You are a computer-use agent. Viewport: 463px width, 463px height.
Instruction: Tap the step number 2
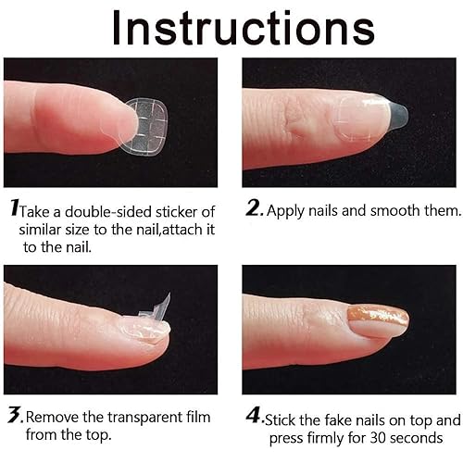pyautogui.click(x=256, y=209)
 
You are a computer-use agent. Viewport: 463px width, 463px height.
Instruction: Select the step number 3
pyautogui.click(x=15, y=417)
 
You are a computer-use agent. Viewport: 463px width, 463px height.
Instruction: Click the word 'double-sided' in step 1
pyautogui.click(x=109, y=211)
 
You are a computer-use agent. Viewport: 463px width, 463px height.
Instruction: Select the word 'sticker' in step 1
pyautogui.click(x=185, y=211)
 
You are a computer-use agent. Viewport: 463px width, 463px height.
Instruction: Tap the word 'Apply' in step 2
pyautogui.click(x=289, y=211)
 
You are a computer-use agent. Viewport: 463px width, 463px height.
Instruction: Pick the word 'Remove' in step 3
pyautogui.click(x=56, y=418)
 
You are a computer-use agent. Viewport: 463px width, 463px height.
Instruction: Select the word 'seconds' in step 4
pyautogui.click(x=416, y=438)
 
